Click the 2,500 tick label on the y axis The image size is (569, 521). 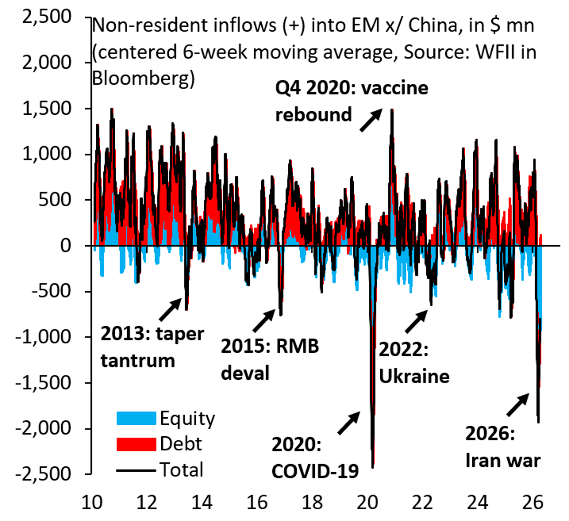coord(47,17)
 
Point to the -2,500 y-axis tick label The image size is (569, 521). coord(43,473)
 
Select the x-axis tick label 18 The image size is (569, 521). coord(312,502)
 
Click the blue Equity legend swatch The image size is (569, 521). coord(136,418)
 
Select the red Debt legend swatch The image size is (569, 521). coord(136,444)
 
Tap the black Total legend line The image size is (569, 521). coord(136,470)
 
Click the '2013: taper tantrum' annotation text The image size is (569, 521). coord(152,347)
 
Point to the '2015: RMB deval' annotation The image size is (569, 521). coord(269,359)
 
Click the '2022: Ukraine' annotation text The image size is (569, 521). coord(413,363)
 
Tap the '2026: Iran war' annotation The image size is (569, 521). coord(503,447)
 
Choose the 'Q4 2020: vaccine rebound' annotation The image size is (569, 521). coord(351,101)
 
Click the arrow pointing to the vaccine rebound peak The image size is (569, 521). coord(371,120)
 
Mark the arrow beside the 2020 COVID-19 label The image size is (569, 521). coord(349,423)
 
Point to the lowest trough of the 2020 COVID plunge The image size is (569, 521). coord(373,467)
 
